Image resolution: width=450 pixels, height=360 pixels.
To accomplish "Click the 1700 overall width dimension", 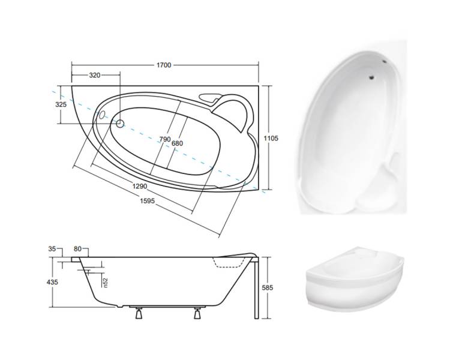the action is coord(164,65).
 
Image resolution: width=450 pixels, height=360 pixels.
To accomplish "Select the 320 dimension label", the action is coord(95,75).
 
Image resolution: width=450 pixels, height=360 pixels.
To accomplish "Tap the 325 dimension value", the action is coord(61,104).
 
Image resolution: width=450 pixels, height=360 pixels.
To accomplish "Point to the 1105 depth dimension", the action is coord(271,139).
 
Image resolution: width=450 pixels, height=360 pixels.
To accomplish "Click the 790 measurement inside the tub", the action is coord(165,139).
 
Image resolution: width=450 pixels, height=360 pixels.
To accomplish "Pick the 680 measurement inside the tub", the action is coord(177,143).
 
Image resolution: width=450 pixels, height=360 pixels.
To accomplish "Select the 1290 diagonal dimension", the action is coord(139,186).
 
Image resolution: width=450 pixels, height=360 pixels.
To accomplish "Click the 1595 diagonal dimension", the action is coord(147,200).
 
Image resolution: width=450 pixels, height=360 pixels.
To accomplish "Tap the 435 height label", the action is coord(52,282).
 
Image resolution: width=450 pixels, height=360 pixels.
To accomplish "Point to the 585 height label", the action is coord(268,287).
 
